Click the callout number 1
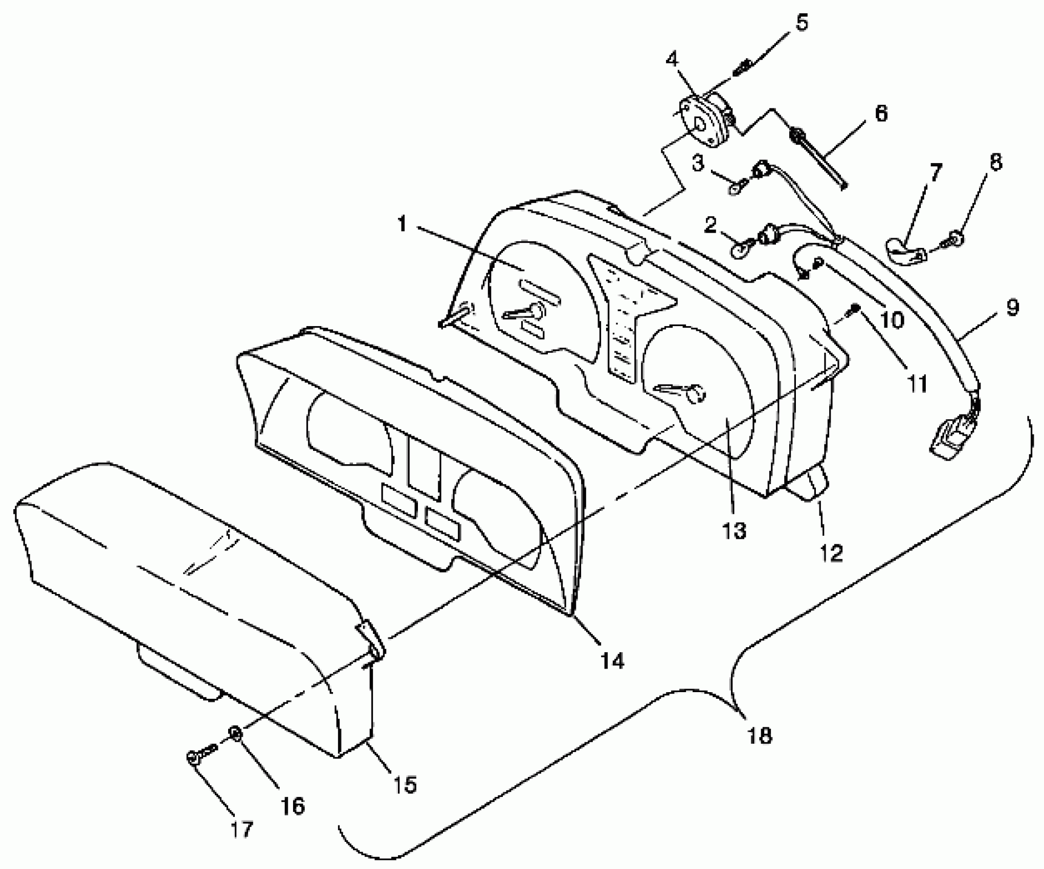[x=403, y=224]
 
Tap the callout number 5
[x=801, y=23]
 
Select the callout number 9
[x=1012, y=308]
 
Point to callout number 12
[x=831, y=554]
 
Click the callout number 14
[x=613, y=661]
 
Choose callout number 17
[x=241, y=829]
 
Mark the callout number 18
[x=759, y=736]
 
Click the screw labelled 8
[x=956, y=238]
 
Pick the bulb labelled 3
[x=735, y=190]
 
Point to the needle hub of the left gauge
[x=535, y=311]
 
